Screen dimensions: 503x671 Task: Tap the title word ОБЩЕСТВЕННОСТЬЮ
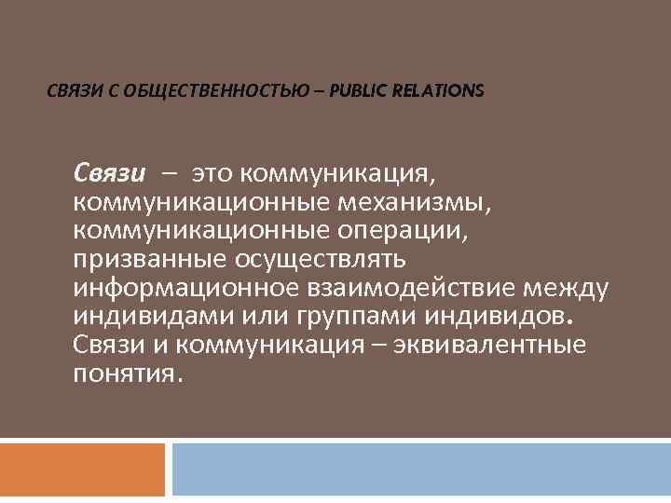(195, 91)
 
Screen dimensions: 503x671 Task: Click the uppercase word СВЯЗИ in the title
(72, 91)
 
